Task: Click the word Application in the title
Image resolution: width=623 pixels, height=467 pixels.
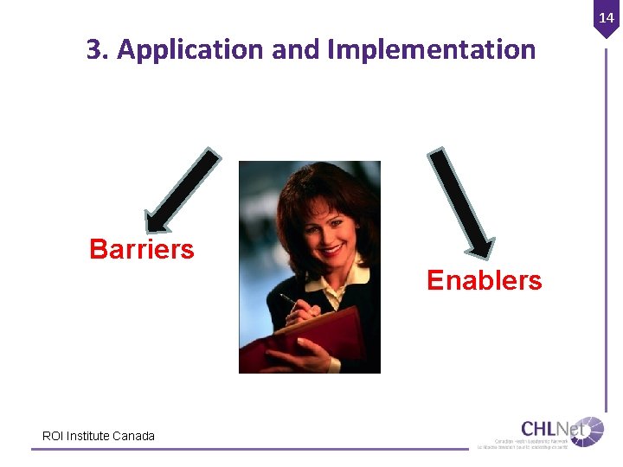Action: click(x=190, y=50)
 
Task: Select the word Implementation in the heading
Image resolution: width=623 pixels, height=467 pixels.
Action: click(x=432, y=50)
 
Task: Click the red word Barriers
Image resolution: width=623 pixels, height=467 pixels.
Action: click(x=142, y=250)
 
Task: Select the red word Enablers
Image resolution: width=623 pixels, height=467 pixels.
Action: click(x=484, y=280)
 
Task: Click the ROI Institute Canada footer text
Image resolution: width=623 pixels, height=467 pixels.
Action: click(x=99, y=436)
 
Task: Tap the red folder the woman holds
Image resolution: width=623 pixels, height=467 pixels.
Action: click(x=303, y=342)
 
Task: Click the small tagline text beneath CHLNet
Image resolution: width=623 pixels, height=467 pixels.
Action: click(x=523, y=444)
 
